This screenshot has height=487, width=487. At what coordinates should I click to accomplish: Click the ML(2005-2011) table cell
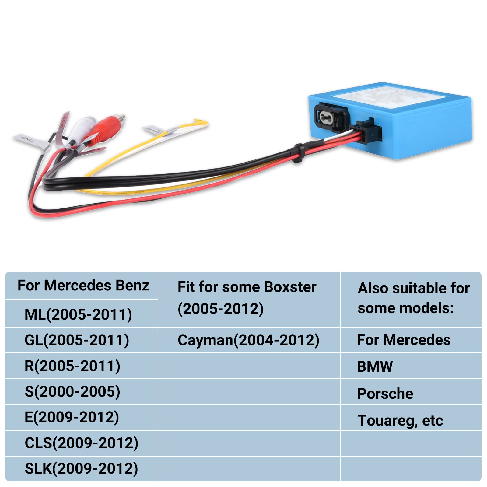(x=78, y=314)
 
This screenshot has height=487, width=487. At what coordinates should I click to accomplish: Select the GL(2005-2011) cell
(x=77, y=340)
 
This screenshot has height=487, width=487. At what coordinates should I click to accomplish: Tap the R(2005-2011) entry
(x=72, y=366)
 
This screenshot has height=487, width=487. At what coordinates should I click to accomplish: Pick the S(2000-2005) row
(x=72, y=391)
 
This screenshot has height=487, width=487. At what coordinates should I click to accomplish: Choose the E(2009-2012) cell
(x=72, y=417)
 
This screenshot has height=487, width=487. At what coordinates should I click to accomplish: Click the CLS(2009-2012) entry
(x=81, y=443)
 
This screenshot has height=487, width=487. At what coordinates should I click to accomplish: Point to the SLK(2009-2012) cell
(x=81, y=468)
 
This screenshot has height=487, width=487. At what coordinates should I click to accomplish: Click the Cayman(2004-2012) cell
(x=248, y=340)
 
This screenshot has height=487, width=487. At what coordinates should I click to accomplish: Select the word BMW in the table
(x=375, y=366)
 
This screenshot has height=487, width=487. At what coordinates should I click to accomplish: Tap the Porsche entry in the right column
(x=385, y=393)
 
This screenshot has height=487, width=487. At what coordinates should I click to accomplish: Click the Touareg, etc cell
(x=400, y=420)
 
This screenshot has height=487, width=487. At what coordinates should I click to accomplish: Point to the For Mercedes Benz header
(x=83, y=286)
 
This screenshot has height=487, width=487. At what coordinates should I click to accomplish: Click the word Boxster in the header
(x=290, y=287)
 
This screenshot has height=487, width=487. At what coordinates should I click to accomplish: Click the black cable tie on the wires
(x=297, y=153)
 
